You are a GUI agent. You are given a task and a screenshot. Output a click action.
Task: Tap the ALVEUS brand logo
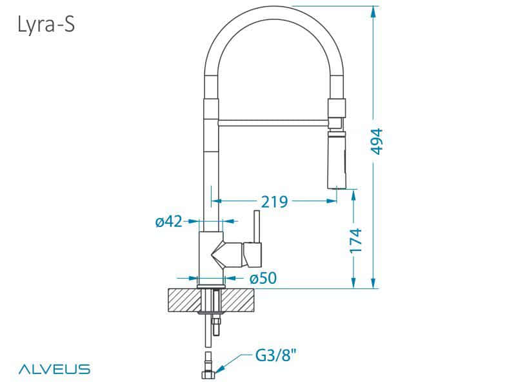54,370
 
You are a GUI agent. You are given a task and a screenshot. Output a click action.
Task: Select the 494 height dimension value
377,141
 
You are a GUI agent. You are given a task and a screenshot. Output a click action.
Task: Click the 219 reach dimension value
274,201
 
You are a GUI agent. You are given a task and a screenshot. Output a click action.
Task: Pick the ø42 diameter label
169,222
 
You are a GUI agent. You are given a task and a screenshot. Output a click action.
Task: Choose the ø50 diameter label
263,279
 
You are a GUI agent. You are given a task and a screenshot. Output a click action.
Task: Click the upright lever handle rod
255,226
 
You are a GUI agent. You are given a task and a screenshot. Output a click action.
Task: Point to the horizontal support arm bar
274,121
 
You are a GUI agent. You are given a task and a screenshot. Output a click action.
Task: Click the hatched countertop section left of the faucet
183,299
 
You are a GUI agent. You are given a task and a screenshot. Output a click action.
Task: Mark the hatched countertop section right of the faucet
241,299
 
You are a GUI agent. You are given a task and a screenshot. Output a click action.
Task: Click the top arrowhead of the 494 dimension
373,10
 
